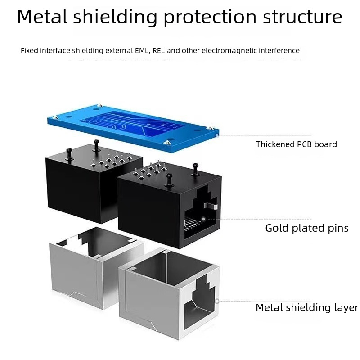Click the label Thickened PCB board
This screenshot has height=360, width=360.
click(296, 144)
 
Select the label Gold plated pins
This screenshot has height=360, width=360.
click(306, 228)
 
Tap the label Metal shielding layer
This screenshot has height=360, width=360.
click(306, 308)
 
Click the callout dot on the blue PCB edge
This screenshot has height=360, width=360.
click(217, 135)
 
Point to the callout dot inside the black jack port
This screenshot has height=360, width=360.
click(203, 219)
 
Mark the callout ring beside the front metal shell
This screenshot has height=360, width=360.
click(217, 301)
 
